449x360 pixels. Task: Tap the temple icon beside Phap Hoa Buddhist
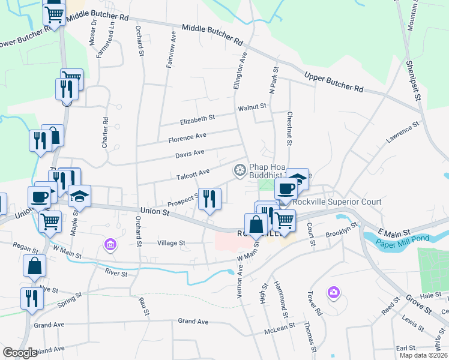coord(240,171)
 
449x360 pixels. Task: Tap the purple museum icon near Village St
coord(110,244)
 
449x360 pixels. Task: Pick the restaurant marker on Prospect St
coord(209,199)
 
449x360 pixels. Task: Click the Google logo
coord(20,353)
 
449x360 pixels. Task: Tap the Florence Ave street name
coord(187,138)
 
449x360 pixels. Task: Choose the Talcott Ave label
coord(193,173)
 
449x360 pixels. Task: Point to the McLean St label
coord(280,326)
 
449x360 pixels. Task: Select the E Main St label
coord(394,232)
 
